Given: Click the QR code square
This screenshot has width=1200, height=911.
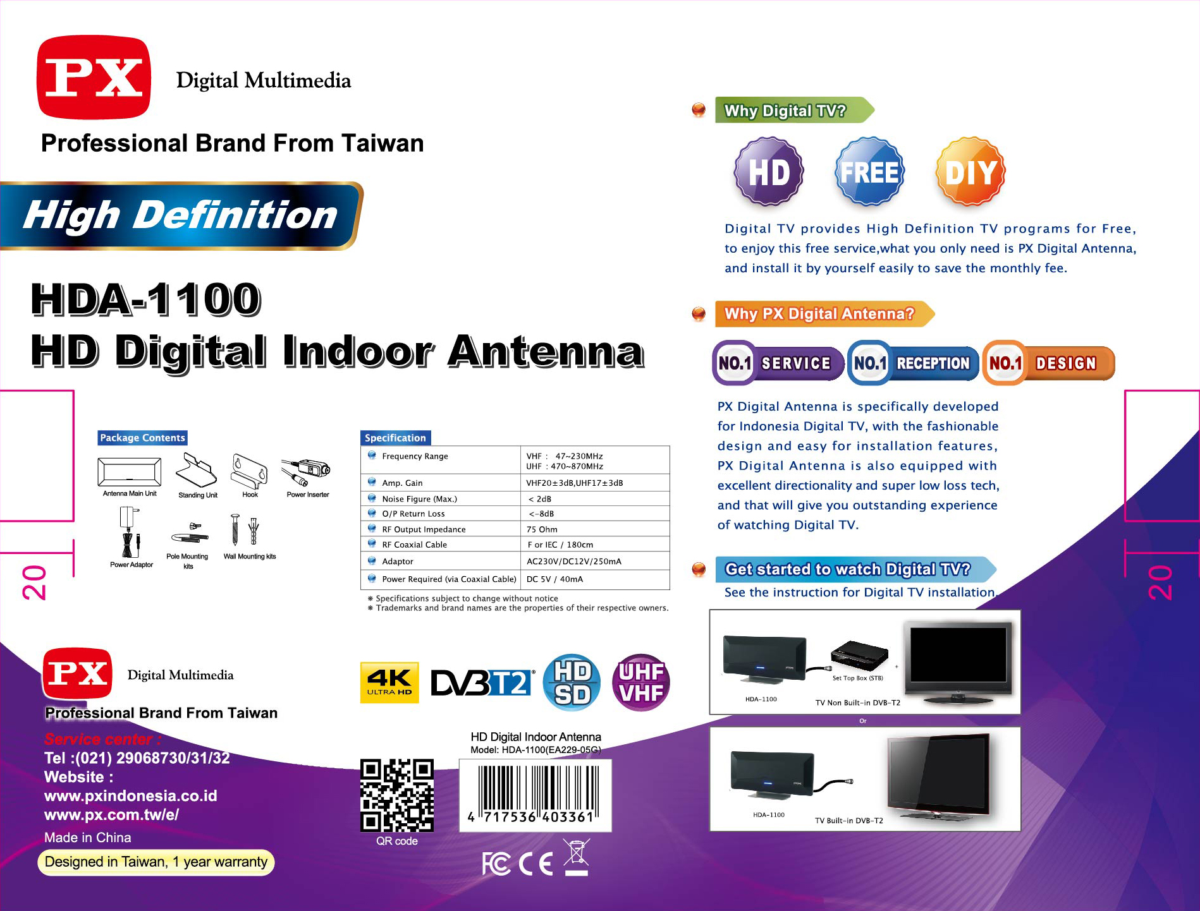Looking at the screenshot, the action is (397, 795).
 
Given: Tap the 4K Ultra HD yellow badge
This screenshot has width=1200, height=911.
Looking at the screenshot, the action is (389, 682).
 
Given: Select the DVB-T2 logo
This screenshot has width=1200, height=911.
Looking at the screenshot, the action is (482, 682).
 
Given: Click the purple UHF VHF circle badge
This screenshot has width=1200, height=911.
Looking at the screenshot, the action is (641, 682).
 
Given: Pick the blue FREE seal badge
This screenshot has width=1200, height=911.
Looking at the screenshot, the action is (870, 171).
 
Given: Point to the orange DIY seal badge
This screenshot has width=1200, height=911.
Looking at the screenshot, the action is (971, 171).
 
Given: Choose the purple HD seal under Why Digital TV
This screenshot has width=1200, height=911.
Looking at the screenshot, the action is (769, 171).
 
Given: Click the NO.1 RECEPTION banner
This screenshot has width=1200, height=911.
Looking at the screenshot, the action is (913, 363).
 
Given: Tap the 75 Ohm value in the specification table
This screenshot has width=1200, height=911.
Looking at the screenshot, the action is (542, 529).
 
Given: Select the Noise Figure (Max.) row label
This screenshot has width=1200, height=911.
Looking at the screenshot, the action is (419, 499).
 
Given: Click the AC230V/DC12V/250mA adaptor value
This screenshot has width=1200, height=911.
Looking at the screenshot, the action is (574, 561).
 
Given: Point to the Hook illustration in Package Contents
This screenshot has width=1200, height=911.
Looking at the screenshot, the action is (250, 471).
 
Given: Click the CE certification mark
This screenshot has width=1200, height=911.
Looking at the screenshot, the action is (536, 864).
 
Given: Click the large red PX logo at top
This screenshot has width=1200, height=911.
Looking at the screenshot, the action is (94, 77).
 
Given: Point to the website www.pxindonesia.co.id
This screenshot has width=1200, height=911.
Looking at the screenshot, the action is (131, 796).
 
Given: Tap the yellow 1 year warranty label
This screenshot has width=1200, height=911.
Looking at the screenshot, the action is (156, 862).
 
